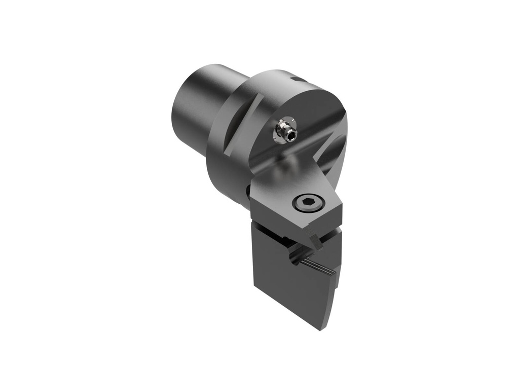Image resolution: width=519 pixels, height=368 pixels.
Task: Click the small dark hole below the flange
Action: [x=248, y=191]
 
